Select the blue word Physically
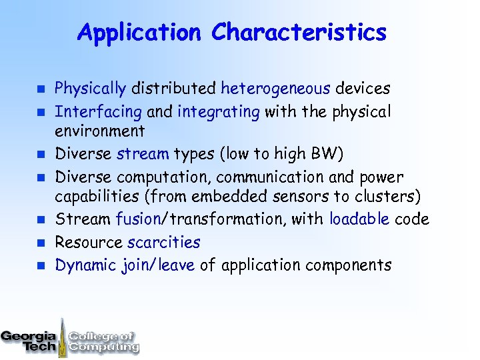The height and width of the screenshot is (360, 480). pyautogui.click(x=90, y=88)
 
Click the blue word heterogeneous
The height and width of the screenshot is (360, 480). pyautogui.click(x=275, y=88)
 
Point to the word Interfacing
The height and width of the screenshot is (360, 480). pyautogui.click(x=98, y=111)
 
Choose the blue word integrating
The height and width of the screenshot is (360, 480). pyautogui.click(x=219, y=111)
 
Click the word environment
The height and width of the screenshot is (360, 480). pyautogui.click(x=99, y=131)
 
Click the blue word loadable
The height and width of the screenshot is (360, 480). pyautogui.click(x=359, y=219)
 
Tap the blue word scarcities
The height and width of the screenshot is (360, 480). pyautogui.click(x=163, y=243)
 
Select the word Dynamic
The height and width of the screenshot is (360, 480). pyautogui.click(x=86, y=265)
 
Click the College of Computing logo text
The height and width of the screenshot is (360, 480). pyautogui.click(x=103, y=341)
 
